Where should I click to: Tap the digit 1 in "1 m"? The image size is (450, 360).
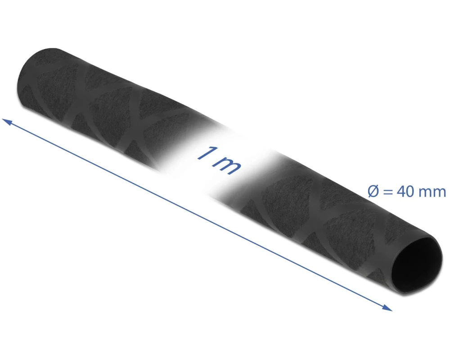[206, 153]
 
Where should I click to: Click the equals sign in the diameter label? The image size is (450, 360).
[388, 192]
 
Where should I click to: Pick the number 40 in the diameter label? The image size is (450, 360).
[405, 192]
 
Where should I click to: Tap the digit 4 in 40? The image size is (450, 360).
[400, 192]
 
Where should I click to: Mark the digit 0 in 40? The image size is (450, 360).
[409, 192]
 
